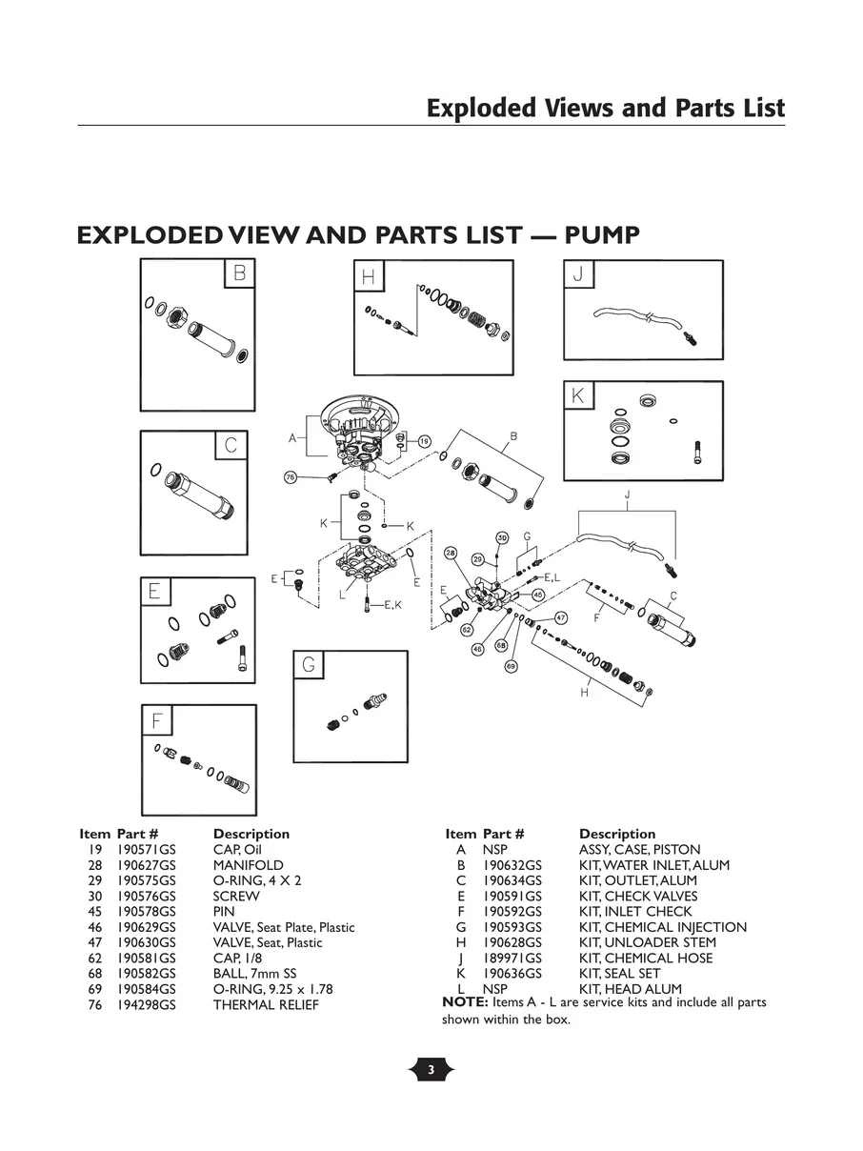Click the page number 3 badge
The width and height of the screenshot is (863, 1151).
click(431, 1070)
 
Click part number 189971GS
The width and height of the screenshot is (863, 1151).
click(512, 958)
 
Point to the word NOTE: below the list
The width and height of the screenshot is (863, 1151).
click(465, 1002)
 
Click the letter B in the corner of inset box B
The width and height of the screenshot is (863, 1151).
click(239, 273)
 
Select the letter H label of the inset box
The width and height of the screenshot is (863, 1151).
click(368, 278)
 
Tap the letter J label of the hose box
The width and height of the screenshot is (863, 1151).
click(578, 275)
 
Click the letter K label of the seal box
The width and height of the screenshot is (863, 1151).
click(578, 395)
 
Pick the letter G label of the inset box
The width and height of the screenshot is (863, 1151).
click(308, 664)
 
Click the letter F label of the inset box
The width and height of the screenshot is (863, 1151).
click(156, 721)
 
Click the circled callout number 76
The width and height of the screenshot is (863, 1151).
click(291, 476)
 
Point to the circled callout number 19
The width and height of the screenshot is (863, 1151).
click(424, 441)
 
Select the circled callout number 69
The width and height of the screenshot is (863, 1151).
click(511, 666)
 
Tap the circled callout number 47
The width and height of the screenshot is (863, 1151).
click(561, 617)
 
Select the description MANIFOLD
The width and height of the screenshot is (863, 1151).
click(248, 865)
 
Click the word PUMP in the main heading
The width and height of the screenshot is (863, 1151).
click(601, 235)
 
